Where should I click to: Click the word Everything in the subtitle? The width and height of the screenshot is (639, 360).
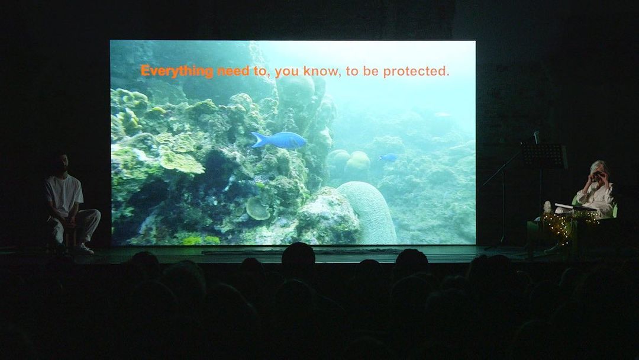pos(177,71)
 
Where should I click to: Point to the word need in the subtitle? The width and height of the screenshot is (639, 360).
pos(234,71)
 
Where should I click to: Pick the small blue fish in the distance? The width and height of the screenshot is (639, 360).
pos(388,157)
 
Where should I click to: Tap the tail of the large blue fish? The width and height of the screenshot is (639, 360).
pos(257,140)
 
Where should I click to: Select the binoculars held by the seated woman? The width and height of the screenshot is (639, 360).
pos(598,175)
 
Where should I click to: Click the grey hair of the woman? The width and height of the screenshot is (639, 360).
pos(598,166)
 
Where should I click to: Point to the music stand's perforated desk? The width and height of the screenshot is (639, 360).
pos(544,155)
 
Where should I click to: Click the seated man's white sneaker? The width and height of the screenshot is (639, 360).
pos(84,249)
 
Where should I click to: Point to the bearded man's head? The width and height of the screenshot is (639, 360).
pos(60,164)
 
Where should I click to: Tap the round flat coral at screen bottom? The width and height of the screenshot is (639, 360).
pos(257,208)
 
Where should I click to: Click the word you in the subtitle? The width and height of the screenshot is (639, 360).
pos(287,72)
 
